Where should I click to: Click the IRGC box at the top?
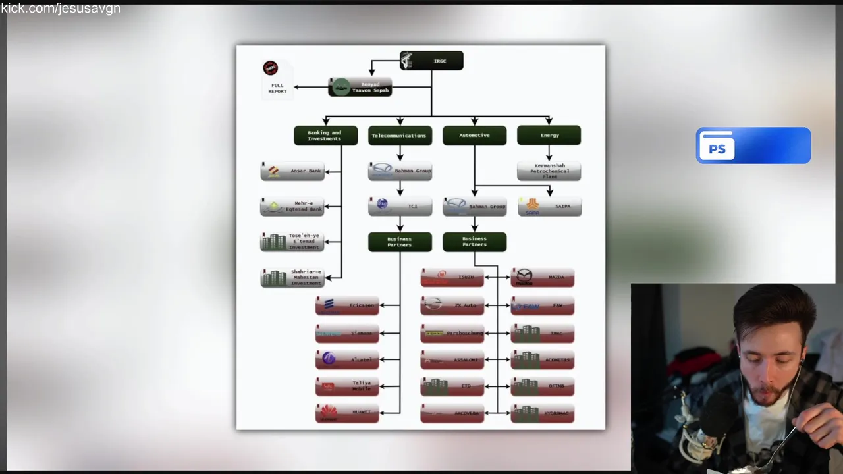(431, 61)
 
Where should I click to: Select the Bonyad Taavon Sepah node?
(360, 87)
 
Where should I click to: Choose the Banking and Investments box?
(325, 136)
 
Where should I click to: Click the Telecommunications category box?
(400, 136)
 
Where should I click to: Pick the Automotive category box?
(474, 136)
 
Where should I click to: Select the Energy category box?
(549, 136)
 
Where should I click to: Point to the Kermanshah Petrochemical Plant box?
(549, 171)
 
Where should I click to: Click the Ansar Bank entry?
(292, 171)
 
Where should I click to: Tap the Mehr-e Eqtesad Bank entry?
(292, 207)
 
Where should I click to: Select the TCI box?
(400, 207)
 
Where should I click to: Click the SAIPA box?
(549, 207)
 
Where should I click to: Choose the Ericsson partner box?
(347, 305)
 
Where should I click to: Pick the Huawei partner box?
(347, 413)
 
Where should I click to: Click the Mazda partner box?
(542, 278)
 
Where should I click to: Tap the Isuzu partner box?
(452, 278)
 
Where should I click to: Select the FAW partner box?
(542, 306)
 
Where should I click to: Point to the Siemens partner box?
(347, 334)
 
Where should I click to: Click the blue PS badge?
(753, 145)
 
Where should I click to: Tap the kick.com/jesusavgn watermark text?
(61, 9)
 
